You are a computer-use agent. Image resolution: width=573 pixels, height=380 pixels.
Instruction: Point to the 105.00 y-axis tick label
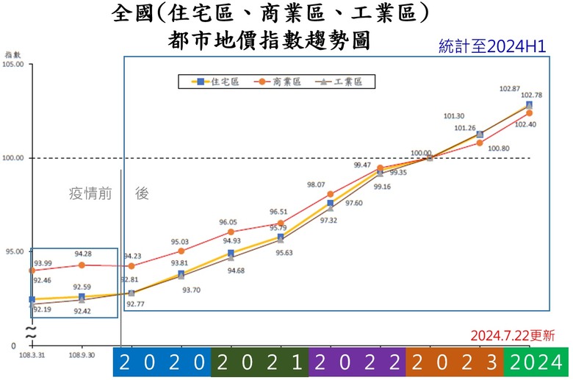(14, 65)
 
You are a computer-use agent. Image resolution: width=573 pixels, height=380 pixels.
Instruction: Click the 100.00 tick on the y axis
(14, 158)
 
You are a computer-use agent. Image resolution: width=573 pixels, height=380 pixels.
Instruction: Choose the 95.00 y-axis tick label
(14, 251)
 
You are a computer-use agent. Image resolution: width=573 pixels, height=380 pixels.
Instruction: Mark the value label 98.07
(316, 184)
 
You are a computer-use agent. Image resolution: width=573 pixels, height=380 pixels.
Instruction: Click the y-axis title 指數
(12, 54)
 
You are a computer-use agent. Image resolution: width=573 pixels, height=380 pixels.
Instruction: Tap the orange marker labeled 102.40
(529, 113)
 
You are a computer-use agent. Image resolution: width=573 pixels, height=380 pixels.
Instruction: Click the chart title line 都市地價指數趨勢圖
(269, 40)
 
